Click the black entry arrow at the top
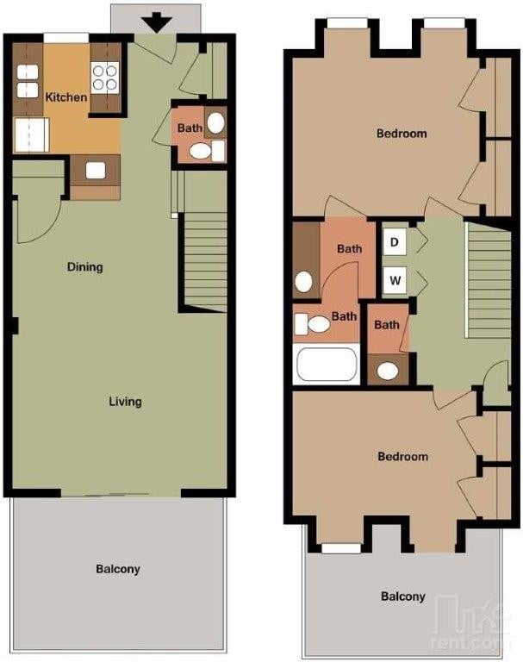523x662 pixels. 157,22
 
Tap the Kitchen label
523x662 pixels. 66,97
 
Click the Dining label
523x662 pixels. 84,267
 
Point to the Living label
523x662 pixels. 126,401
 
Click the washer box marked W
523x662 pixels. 395,280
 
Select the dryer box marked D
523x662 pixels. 395,242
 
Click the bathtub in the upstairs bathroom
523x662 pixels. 327,364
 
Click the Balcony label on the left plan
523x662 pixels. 118,569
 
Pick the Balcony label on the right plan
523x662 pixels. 403,596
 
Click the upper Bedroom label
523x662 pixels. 402,134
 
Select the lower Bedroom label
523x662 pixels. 402,456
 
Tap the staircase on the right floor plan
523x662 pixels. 489,280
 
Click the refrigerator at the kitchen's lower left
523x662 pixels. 31,135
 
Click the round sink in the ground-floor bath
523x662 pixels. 215,122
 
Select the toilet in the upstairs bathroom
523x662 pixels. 313,324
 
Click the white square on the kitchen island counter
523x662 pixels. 96,171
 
